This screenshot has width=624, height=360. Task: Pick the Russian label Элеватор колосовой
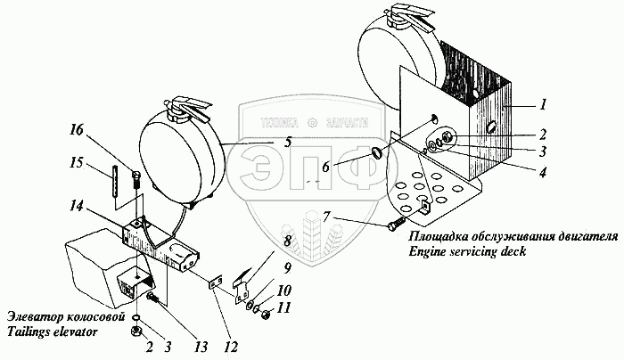(x=62, y=317)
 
